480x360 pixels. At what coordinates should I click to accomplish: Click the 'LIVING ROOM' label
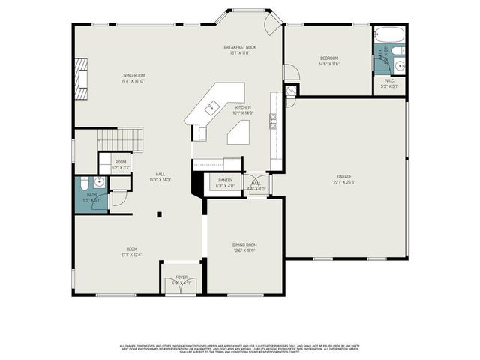point(133,75)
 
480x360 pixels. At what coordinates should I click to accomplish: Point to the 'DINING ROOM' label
point(244,244)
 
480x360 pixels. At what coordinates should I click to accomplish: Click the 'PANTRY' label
point(225,181)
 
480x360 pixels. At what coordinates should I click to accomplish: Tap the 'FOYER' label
point(181,277)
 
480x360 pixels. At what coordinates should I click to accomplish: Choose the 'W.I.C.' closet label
point(389,80)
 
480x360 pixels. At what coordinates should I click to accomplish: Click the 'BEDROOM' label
point(329,58)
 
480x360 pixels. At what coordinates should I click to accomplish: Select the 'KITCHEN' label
point(244,107)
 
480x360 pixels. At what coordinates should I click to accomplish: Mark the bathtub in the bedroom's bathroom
point(389,34)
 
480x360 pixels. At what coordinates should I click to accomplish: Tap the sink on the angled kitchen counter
point(212,107)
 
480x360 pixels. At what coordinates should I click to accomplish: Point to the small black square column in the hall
point(158,214)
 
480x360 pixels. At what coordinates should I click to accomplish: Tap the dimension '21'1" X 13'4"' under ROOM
point(132,254)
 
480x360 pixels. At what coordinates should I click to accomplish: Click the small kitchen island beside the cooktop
point(238,133)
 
